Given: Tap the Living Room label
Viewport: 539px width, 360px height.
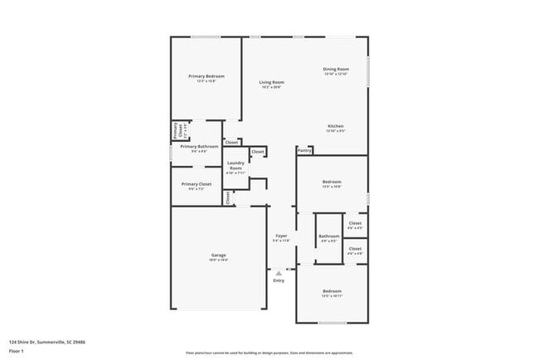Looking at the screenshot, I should point(271,82).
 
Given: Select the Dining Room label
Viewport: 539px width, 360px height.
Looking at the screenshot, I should point(336,69).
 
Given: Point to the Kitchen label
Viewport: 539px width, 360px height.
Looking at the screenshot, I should point(335,126).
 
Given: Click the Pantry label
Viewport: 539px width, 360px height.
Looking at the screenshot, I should point(304,151).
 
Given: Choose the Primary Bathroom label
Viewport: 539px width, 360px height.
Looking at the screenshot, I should point(199,147).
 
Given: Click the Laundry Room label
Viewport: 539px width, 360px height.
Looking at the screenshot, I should point(235,166).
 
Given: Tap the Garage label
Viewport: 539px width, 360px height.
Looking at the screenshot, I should point(218,255).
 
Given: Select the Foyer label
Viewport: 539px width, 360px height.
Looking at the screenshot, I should point(281,236).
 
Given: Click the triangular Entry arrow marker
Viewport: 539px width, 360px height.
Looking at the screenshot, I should point(279,271).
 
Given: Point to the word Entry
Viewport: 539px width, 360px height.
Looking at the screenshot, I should point(279,280).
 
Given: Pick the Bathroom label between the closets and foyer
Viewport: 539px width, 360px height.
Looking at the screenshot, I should point(328,236).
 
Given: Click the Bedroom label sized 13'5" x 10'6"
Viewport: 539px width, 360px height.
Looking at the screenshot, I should point(332,182).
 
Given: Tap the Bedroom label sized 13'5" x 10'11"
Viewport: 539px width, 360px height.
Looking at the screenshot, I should point(332,291).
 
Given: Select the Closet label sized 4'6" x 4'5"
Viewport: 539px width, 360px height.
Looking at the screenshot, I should point(355,223).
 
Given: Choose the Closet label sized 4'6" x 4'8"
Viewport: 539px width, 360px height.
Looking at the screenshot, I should point(355,249).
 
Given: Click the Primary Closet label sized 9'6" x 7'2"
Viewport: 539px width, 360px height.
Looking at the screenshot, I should point(197,184).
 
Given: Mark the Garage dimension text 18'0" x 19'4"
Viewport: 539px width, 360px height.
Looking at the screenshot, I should point(218,260).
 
